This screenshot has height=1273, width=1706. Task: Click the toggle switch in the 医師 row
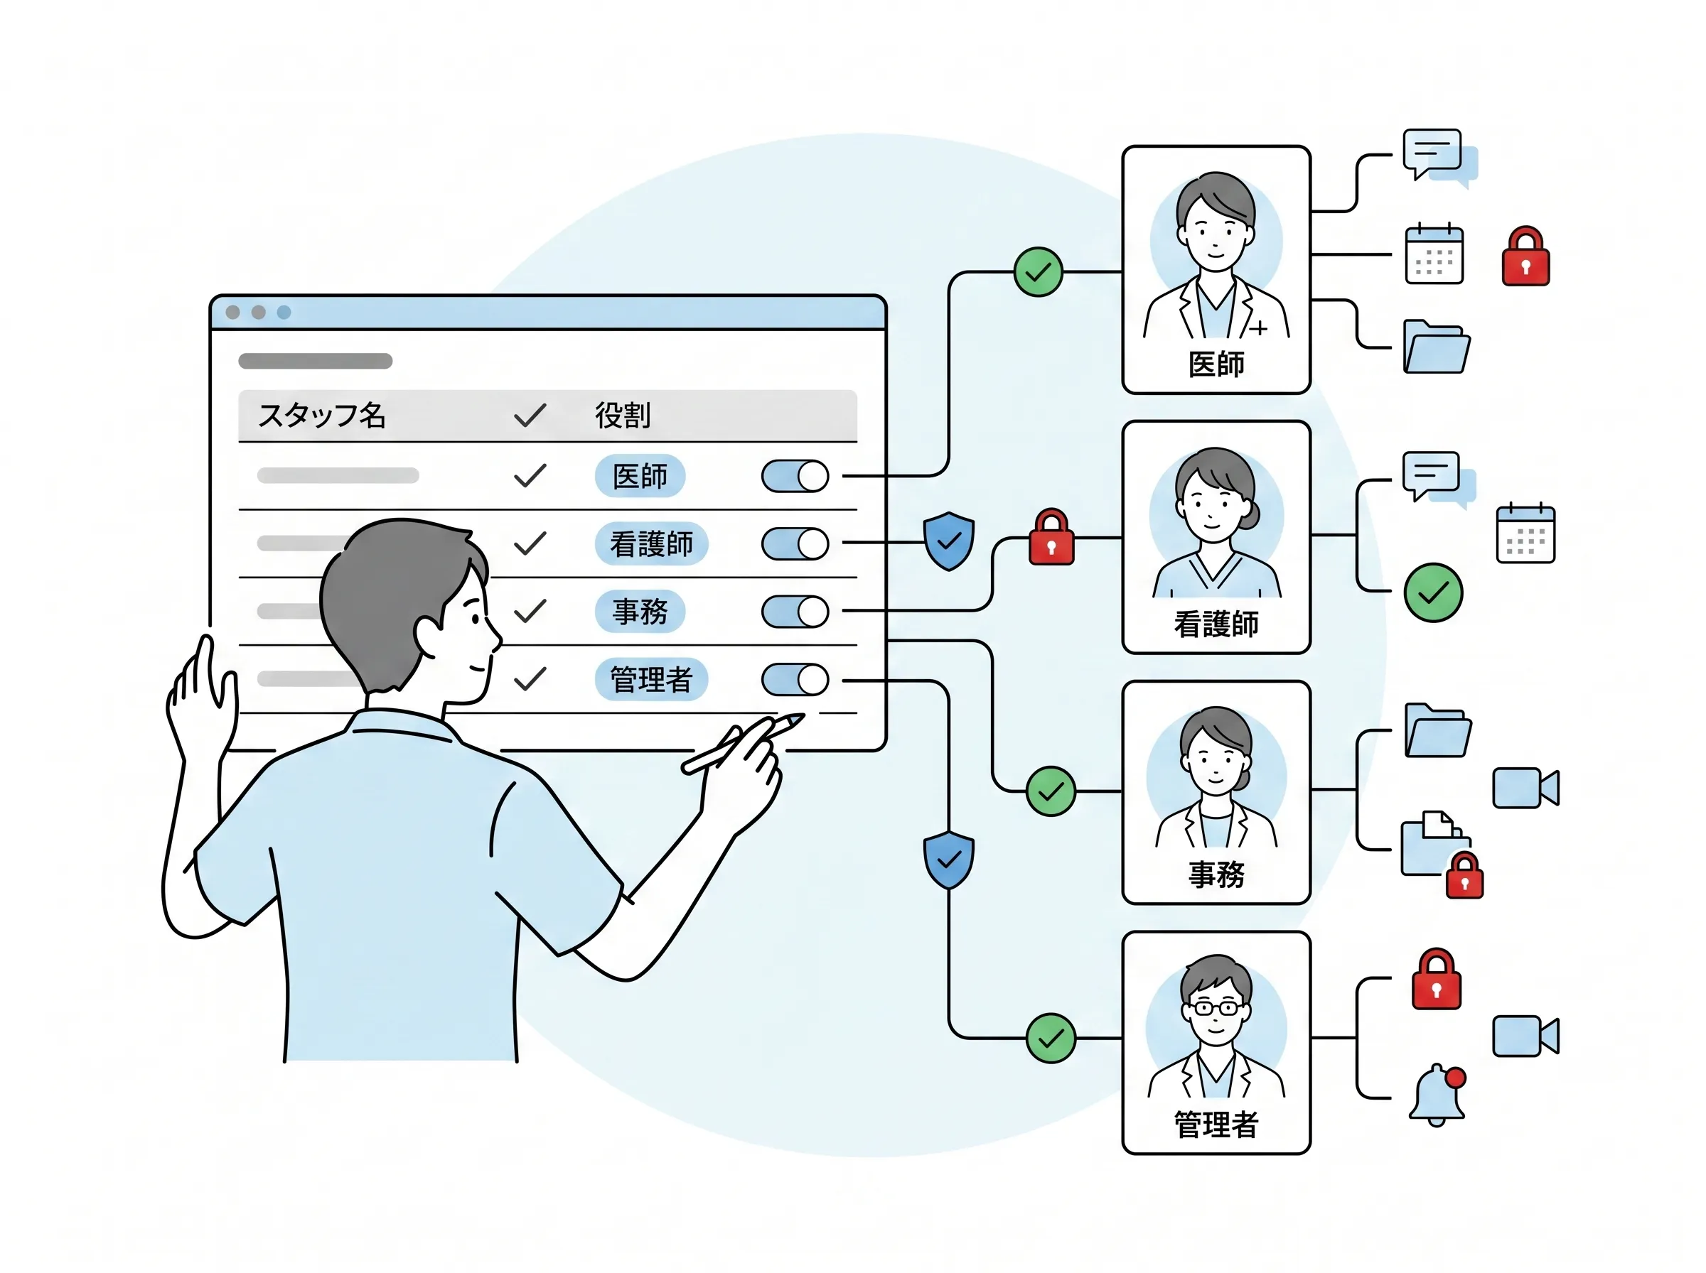click(794, 476)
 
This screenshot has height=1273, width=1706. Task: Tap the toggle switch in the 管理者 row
click(794, 680)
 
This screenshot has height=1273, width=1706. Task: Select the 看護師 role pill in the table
click(650, 544)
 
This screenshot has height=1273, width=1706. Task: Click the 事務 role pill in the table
click(639, 612)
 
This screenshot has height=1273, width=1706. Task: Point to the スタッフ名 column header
click(321, 416)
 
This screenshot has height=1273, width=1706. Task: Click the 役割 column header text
click(622, 416)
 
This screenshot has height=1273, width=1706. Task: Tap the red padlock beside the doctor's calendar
click(1525, 256)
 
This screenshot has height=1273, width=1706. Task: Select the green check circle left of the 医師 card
click(1038, 272)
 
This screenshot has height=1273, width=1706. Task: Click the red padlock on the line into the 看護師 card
click(1051, 537)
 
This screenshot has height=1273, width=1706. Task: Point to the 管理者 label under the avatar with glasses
click(1216, 1125)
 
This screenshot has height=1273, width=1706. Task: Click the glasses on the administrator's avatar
click(1216, 1008)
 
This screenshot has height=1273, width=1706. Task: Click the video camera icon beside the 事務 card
click(1525, 788)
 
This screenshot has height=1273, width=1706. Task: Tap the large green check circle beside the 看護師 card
click(1433, 592)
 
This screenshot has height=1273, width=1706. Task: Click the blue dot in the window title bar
click(284, 312)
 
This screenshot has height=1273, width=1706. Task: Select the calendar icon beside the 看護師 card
click(1525, 533)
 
